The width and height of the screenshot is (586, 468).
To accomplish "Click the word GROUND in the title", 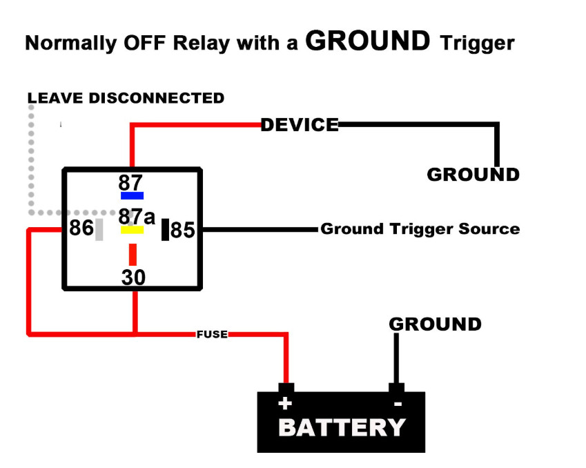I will pos(367,41).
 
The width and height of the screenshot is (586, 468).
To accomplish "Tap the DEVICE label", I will pos(300,125).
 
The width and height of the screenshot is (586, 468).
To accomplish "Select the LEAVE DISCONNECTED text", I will pos(126,98).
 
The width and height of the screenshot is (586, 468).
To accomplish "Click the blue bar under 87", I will pos(132,195).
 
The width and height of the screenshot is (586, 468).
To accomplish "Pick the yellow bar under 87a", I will pos(132,230).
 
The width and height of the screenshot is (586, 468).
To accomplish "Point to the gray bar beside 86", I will pos(99,229).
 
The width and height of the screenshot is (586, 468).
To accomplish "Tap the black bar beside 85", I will pos(165,229).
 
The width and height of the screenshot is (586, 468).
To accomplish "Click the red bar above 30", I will pos(132,254).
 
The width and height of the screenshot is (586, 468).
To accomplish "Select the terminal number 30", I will pos(133,277).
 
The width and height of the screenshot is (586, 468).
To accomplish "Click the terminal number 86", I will pos(81,228).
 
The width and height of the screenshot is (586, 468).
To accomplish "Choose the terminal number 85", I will pos(183,230).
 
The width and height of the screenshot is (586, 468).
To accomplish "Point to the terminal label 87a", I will pos(136,215).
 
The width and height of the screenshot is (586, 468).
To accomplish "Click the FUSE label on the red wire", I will pos(212,335).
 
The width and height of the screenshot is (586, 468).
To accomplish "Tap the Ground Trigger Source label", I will pos(420,229).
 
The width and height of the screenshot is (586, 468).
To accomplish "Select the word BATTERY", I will pos(342,427).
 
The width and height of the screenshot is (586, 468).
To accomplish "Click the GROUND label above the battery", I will pos(435,324).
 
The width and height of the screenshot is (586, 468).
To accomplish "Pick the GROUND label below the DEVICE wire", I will pos(473,175).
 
